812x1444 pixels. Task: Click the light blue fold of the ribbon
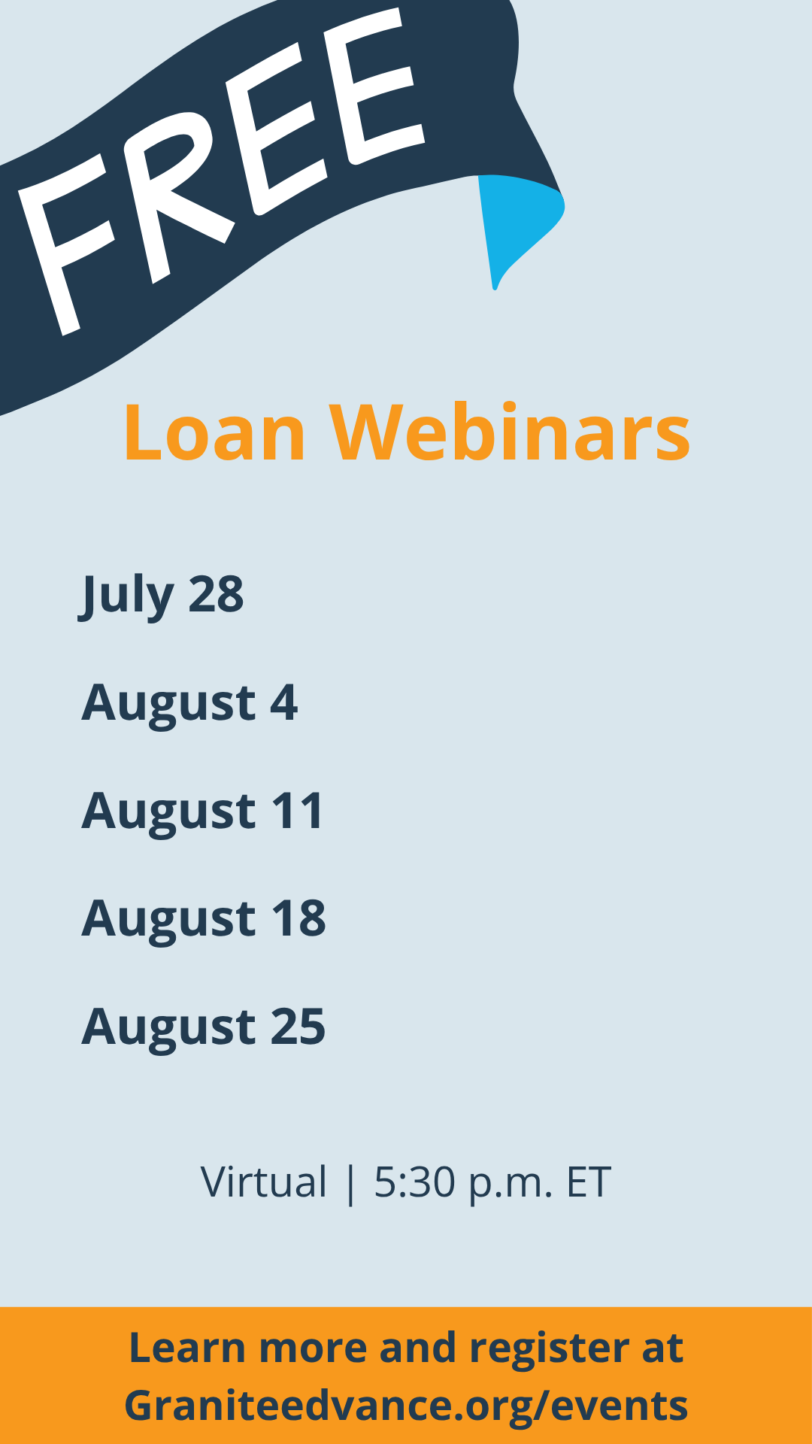pyautogui.click(x=519, y=222)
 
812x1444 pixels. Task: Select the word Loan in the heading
pyautogui.click(x=215, y=433)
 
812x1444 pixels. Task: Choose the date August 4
pyautogui.click(x=189, y=703)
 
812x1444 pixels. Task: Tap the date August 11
pyautogui.click(x=203, y=811)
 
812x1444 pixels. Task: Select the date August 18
pyautogui.click(x=204, y=919)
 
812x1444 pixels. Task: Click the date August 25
pyautogui.click(x=204, y=1027)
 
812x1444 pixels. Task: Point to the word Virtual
pyautogui.click(x=264, y=1182)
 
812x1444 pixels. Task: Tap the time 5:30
pyautogui.click(x=415, y=1182)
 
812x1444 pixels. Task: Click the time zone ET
pyautogui.click(x=589, y=1182)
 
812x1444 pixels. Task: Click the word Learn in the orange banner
pyautogui.click(x=187, y=1348)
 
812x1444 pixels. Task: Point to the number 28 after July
pyautogui.click(x=216, y=595)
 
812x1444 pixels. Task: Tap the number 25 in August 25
pyautogui.click(x=298, y=1027)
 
